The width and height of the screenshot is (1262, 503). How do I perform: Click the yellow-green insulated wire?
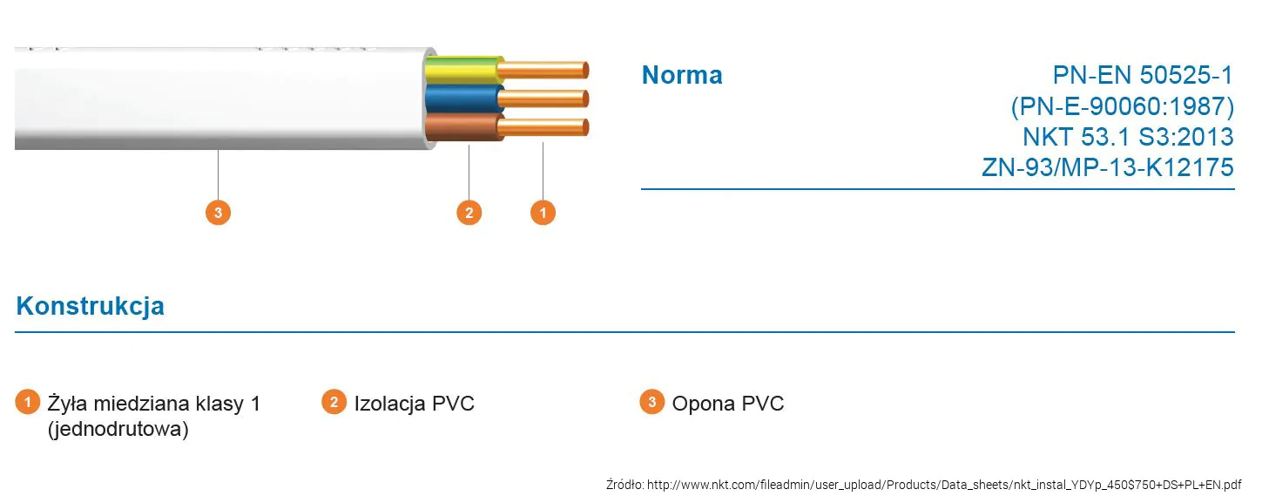(463, 70)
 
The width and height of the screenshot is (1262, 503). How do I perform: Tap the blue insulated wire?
(463, 99)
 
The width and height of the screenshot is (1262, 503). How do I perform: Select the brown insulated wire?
(463, 127)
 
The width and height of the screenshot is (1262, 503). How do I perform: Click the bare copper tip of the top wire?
(543, 70)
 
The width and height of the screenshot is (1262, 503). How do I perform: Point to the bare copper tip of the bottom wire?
(543, 127)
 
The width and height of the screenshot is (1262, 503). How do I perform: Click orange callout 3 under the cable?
(218, 213)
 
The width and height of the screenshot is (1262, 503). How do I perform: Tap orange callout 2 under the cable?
(469, 213)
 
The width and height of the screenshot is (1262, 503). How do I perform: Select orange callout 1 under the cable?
(543, 213)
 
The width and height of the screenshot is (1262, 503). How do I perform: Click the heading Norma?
(682, 75)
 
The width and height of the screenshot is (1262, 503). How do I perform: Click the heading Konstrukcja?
(91, 306)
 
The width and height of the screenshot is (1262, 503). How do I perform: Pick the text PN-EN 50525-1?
(1144, 75)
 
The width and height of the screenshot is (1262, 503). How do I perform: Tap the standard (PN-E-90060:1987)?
(1123, 106)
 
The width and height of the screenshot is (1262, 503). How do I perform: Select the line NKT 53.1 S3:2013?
(1128, 137)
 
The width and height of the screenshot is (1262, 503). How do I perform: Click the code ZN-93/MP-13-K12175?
(1108, 167)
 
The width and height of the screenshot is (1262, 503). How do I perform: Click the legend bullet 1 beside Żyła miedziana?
(28, 402)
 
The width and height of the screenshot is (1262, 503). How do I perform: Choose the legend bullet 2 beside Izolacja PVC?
(334, 402)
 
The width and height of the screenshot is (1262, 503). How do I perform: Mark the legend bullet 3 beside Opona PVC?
(651, 402)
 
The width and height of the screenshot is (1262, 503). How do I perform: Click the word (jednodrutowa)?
(118, 429)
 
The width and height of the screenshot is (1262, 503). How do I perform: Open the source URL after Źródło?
(944, 485)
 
